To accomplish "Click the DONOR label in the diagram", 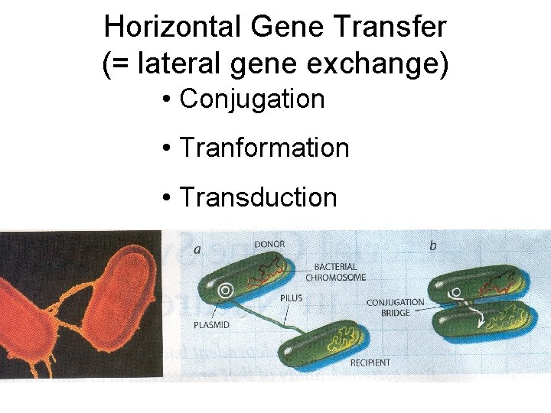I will tap(269, 245).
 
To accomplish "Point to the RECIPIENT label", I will tap(370, 362).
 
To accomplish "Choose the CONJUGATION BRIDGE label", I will tap(395, 307).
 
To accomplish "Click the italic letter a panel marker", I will tap(198, 248).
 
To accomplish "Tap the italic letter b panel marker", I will tap(433, 246).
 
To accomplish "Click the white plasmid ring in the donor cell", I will tap(226, 291).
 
